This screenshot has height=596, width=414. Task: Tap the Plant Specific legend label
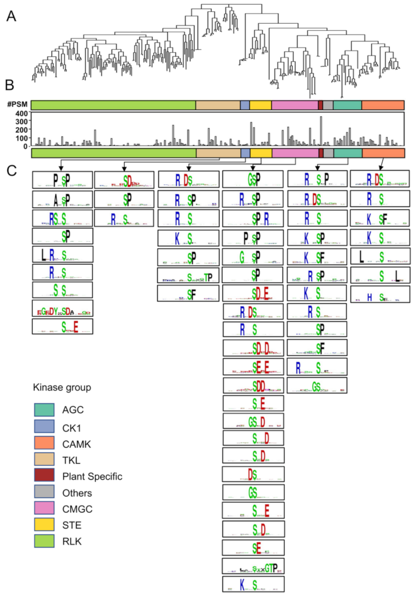point(93,476)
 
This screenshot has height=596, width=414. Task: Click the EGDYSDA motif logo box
point(62,309)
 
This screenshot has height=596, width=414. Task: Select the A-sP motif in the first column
point(62,199)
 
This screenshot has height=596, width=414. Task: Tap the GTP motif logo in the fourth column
point(253,566)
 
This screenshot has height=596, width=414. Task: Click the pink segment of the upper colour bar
point(295,105)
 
